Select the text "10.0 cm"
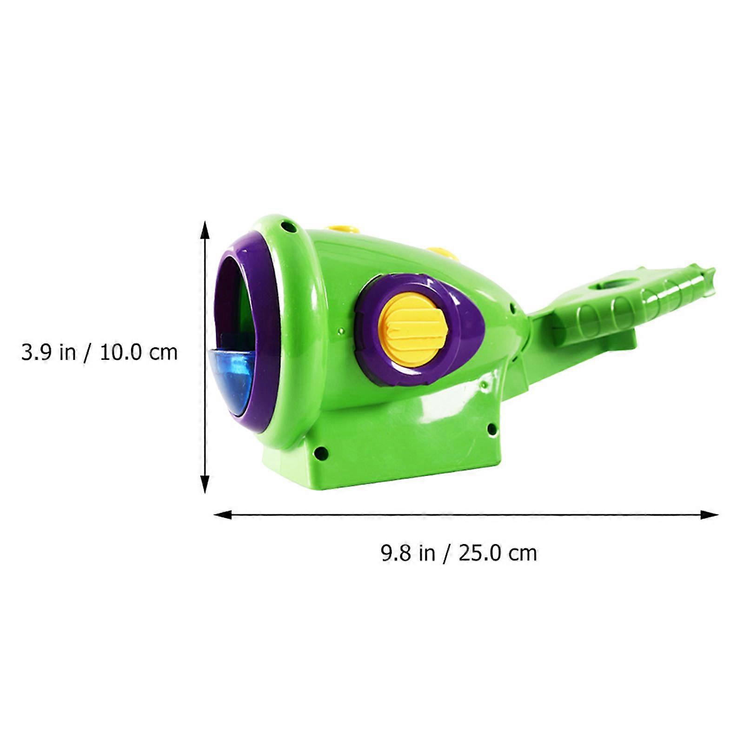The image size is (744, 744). [139, 352]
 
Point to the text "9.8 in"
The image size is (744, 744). [408, 553]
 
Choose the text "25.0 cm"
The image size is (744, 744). [498, 553]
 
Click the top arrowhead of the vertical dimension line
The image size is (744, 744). [205, 230]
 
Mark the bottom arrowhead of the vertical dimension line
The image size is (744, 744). [205, 484]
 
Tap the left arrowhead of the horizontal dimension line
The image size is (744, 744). [222, 514]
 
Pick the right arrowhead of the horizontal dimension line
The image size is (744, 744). [710, 514]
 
